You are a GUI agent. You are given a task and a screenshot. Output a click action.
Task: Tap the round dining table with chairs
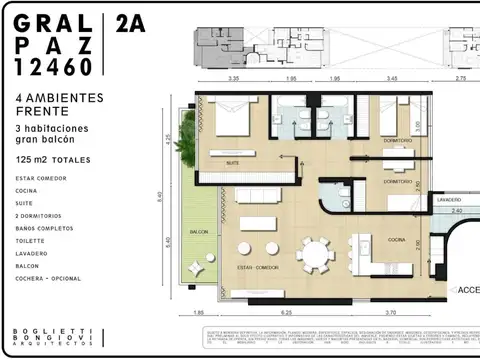(319, 254)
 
